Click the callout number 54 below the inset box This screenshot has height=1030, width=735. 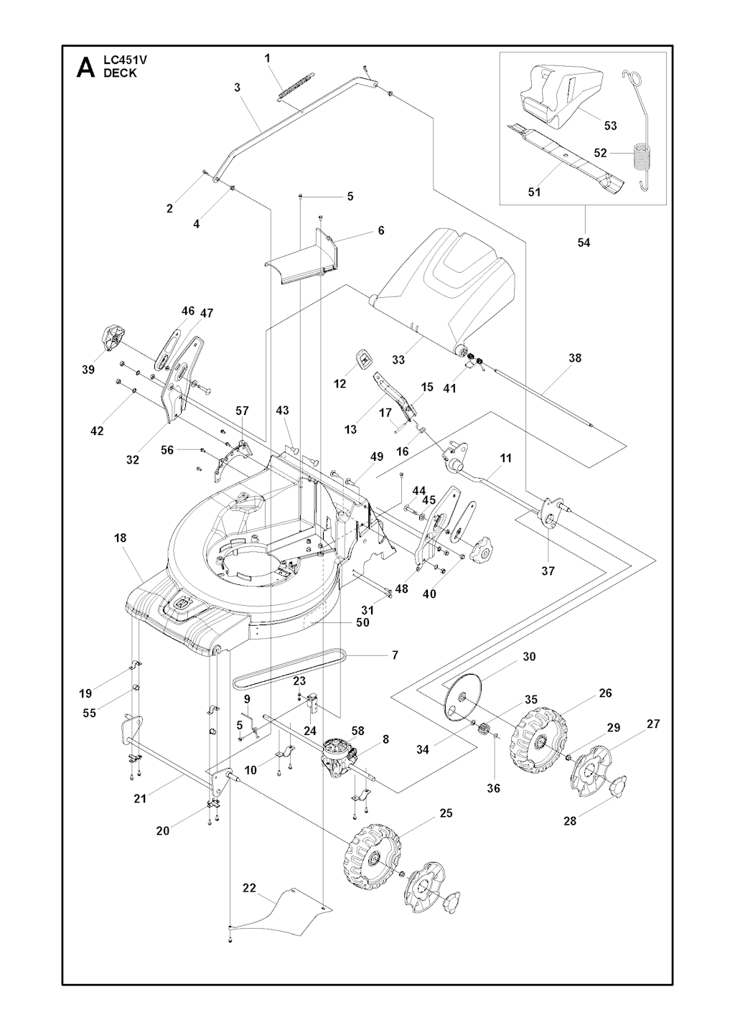[x=584, y=242]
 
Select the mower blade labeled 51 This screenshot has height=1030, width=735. [x=566, y=156]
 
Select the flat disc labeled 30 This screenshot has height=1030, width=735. [x=463, y=703]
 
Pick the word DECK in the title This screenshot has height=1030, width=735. [x=120, y=73]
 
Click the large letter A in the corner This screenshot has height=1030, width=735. [x=85, y=67]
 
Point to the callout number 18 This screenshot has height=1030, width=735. [x=120, y=538]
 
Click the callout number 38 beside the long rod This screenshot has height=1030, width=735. [x=575, y=357]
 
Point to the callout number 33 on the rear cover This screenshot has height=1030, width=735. [x=398, y=360]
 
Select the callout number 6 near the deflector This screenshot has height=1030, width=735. [x=381, y=230]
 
